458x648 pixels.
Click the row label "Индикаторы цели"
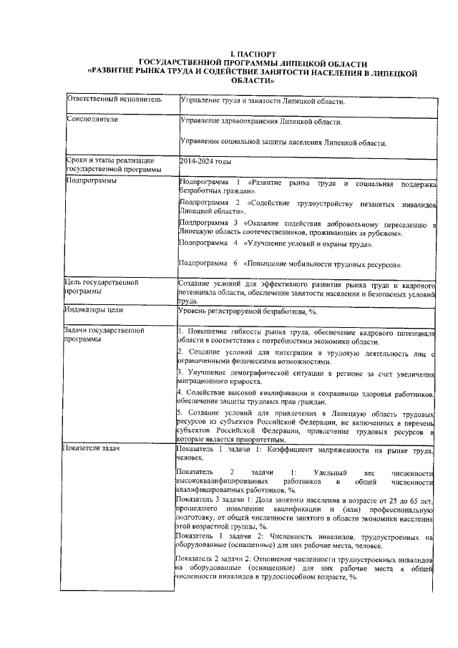click(94, 311)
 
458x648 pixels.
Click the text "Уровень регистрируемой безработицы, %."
click(243, 311)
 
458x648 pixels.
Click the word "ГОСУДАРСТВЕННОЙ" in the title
click(177, 63)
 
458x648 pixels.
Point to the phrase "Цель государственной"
click(100, 283)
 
